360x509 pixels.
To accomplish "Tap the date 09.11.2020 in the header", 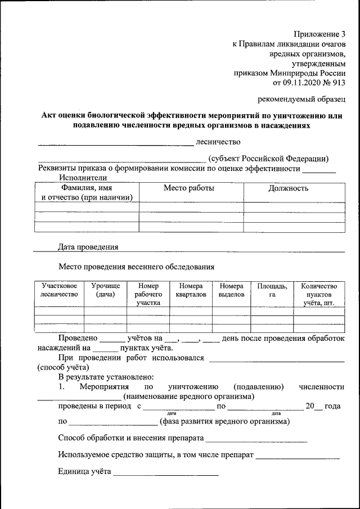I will tap(306, 82).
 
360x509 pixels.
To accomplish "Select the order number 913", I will tap(338, 82).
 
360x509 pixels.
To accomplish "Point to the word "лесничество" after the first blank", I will tap(218, 141).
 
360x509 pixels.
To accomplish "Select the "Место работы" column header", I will tap(188, 188).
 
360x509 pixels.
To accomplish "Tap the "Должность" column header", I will tap(289, 188).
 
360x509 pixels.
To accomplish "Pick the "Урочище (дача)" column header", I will tap(105, 290).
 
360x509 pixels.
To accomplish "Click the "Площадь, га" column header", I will tap(272, 290).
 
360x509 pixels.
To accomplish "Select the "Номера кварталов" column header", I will tap(191, 290).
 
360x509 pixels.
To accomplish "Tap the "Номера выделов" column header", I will tap(231, 290).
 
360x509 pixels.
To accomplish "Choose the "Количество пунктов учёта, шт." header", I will tap(319, 294).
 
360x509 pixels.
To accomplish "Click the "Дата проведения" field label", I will tap(88, 247).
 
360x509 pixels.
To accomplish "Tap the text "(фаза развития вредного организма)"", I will tap(225, 421).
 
